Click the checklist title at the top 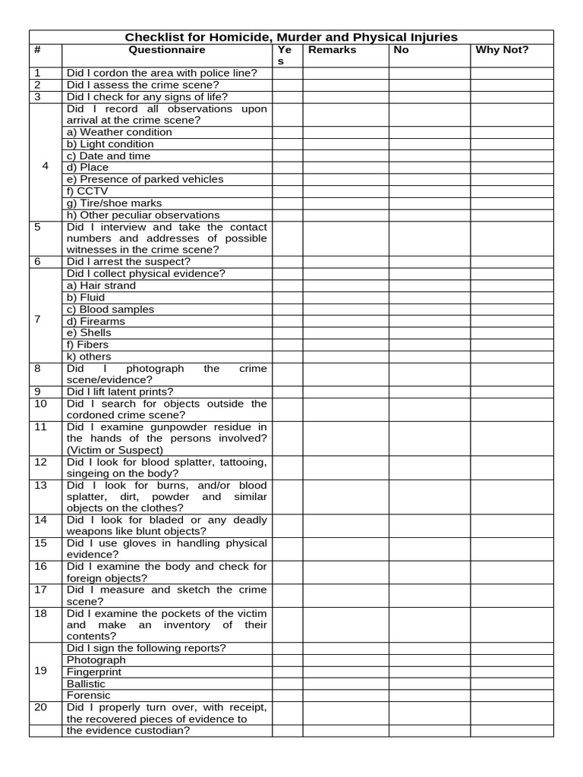291,36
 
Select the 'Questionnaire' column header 166,50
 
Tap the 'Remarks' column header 332,50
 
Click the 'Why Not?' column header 502,50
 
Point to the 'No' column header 401,50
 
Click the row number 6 38,262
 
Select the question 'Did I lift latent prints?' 120,392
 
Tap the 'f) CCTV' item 87,191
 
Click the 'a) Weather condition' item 119,132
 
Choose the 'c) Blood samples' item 110,310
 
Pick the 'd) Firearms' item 96,321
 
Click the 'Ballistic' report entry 87,684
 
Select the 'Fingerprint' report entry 94,672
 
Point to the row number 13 41,485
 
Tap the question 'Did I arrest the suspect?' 128,262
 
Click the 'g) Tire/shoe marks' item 114,203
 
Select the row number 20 41,707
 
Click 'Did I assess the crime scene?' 143,85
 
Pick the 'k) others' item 89,357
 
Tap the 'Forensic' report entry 89,695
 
